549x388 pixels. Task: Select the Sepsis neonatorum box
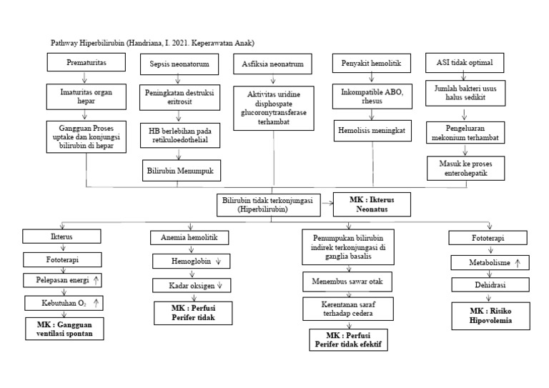click(179, 64)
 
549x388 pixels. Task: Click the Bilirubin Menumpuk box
click(180, 171)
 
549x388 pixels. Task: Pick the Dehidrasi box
click(488, 286)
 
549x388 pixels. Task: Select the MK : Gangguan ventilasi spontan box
click(64, 328)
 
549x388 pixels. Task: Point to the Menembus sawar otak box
click(347, 281)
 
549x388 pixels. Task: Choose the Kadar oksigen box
click(189, 286)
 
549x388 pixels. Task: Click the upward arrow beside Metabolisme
click(518, 263)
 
